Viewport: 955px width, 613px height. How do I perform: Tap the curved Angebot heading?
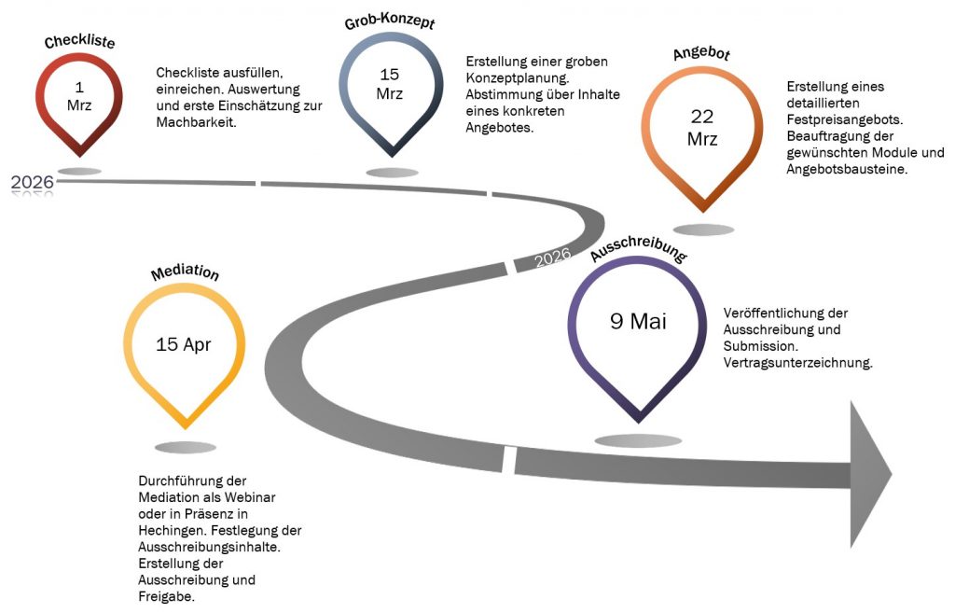tap(701, 53)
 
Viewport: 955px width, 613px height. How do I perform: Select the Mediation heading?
tap(185, 273)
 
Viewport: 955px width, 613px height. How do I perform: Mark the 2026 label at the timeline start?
tap(32, 182)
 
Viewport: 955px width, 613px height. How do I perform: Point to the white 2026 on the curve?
tap(552, 257)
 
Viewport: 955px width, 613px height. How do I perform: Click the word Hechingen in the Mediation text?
tap(171, 530)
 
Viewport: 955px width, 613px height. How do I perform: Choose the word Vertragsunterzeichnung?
tap(797, 363)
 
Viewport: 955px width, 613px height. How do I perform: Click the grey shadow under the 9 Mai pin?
tap(638, 440)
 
